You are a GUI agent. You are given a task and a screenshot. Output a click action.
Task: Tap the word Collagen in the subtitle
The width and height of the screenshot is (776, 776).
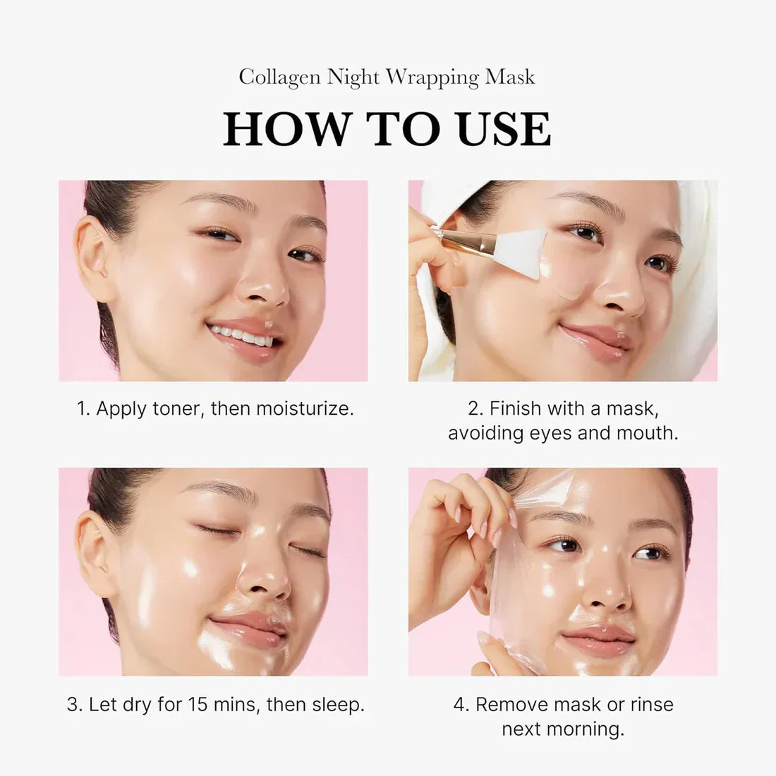[280, 77]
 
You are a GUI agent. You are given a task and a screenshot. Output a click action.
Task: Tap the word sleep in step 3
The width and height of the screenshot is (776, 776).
[340, 704]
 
